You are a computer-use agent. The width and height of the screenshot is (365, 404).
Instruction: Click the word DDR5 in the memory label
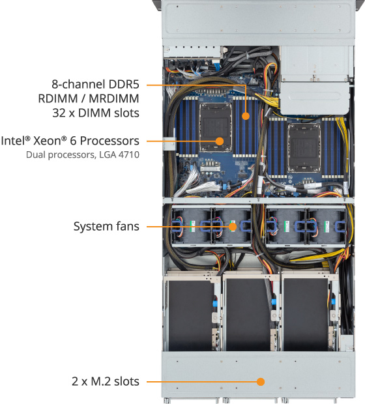click(x=124, y=84)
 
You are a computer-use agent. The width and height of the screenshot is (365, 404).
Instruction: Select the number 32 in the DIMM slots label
click(x=59, y=113)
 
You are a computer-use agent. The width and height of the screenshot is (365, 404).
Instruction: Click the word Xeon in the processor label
click(x=50, y=141)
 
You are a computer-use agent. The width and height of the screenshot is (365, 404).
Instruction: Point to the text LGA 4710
click(x=119, y=154)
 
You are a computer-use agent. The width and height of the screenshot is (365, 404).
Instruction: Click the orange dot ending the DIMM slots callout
click(x=246, y=116)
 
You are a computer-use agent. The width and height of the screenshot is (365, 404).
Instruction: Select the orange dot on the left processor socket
click(x=220, y=141)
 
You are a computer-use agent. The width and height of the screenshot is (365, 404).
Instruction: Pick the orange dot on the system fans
click(x=233, y=227)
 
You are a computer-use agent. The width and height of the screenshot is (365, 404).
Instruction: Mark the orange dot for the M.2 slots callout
click(x=261, y=382)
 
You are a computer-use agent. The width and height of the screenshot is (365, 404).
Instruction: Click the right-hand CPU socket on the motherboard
click(x=304, y=148)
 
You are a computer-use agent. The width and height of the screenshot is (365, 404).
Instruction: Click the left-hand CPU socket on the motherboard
click(x=216, y=128)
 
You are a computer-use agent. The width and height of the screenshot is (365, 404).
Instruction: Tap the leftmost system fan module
click(x=191, y=226)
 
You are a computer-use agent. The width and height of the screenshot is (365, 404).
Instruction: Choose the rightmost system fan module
click(x=326, y=226)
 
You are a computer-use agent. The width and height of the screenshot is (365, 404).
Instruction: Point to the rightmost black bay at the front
click(x=306, y=314)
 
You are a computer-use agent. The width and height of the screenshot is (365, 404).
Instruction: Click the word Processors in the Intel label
click(x=109, y=141)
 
